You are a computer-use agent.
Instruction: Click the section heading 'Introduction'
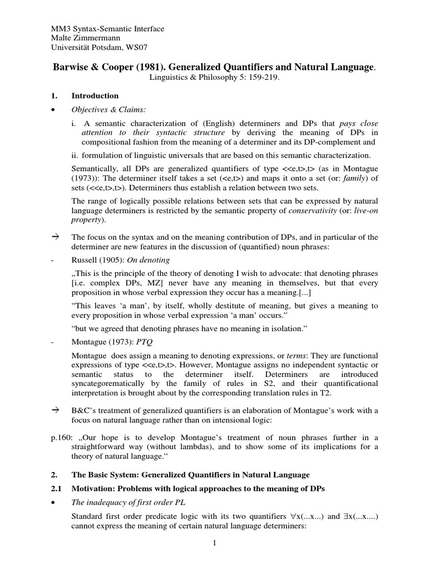tap(95, 96)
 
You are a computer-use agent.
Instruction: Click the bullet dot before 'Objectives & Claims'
tap(53, 111)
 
